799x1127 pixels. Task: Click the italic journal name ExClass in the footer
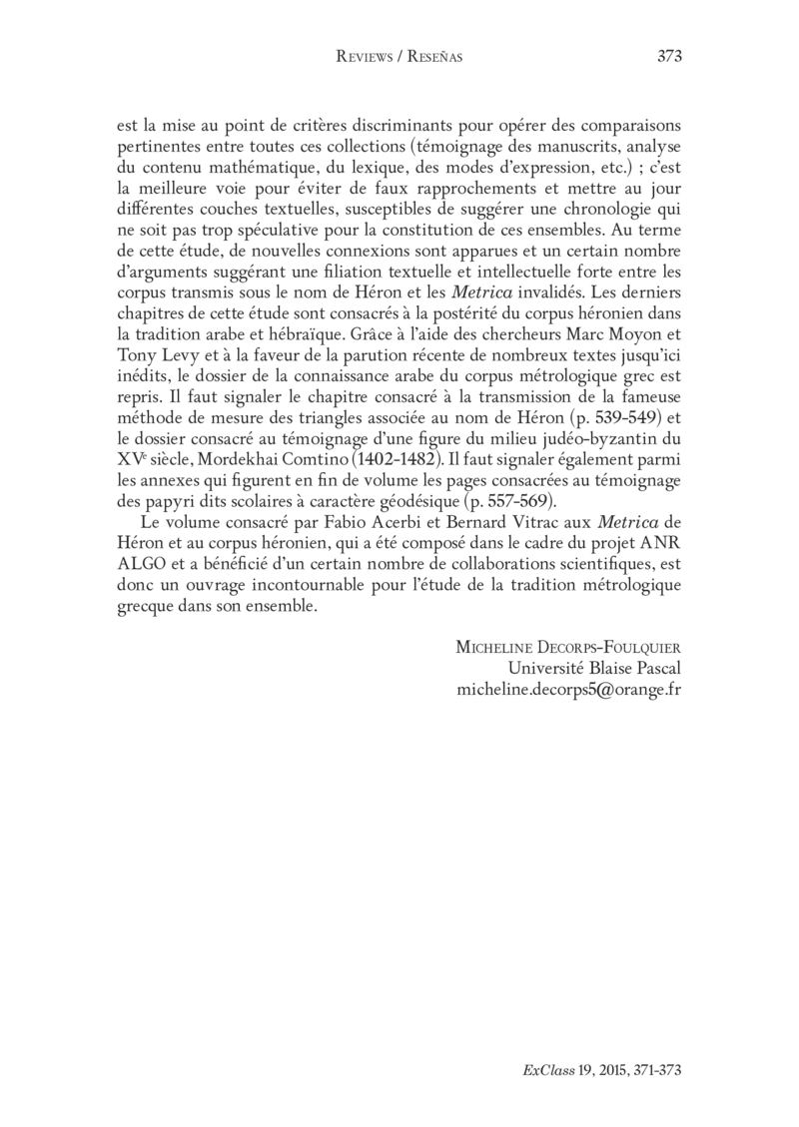pos(543,1068)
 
